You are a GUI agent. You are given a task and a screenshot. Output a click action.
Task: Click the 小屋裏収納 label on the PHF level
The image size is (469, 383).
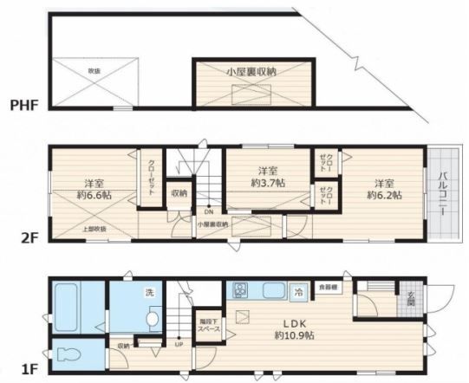[251, 71]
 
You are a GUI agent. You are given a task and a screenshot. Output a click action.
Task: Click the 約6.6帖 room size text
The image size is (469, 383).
[94, 196]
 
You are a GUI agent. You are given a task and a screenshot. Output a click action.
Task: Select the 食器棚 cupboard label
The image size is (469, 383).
[327, 285]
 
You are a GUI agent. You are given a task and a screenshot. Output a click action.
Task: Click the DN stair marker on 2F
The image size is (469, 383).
[208, 211]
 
